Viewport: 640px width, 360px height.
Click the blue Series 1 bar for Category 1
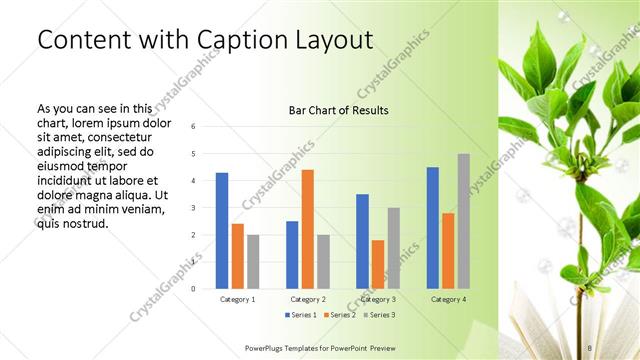click(x=222, y=231)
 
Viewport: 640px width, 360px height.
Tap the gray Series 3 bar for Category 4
click(x=463, y=221)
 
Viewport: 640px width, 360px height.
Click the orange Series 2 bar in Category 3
click(x=378, y=264)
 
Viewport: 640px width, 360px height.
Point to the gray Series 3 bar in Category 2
click(x=323, y=261)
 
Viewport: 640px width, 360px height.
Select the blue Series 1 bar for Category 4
click(x=432, y=228)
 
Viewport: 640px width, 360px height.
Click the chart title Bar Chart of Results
click(x=339, y=110)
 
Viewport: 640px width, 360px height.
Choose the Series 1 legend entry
click(x=301, y=315)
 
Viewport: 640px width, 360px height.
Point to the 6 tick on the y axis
click(x=194, y=126)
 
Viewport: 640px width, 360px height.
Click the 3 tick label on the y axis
click(x=194, y=207)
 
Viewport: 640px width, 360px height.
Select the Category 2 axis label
click(x=308, y=299)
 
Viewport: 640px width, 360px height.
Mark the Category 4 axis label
click(x=448, y=299)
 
